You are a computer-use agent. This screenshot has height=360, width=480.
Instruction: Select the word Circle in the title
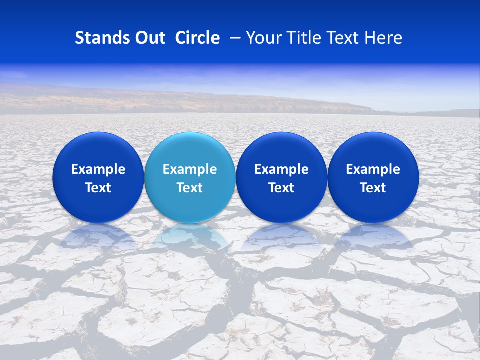pos(197,38)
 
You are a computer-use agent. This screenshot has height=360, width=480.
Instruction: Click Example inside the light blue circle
pos(190,169)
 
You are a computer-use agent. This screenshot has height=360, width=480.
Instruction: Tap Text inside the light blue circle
pos(190,188)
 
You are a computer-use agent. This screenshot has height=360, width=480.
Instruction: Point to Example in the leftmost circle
pos(98,169)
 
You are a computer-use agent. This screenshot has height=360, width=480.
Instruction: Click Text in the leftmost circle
pos(98,188)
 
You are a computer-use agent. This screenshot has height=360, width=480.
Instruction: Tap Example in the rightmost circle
pos(373,169)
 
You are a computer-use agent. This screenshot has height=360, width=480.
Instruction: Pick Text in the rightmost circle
pos(373,188)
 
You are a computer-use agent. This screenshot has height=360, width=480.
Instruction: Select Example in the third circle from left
pos(281,169)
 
